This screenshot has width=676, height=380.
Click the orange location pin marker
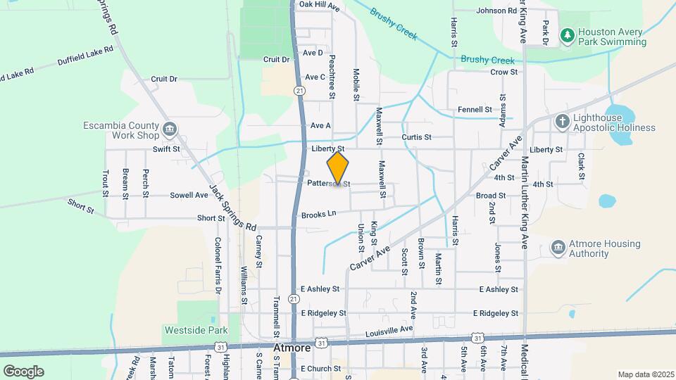point(338,167)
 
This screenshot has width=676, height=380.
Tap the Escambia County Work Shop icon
point(169,129)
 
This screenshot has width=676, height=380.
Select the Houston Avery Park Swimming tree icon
point(568,34)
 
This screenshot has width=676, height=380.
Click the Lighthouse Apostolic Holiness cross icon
point(562,122)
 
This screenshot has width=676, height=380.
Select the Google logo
point(23,371)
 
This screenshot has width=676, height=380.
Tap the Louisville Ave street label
point(389,329)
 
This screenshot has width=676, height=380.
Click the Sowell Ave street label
point(189,195)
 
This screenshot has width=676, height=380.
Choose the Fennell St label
point(475,110)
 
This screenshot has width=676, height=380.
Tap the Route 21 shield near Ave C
point(301,91)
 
